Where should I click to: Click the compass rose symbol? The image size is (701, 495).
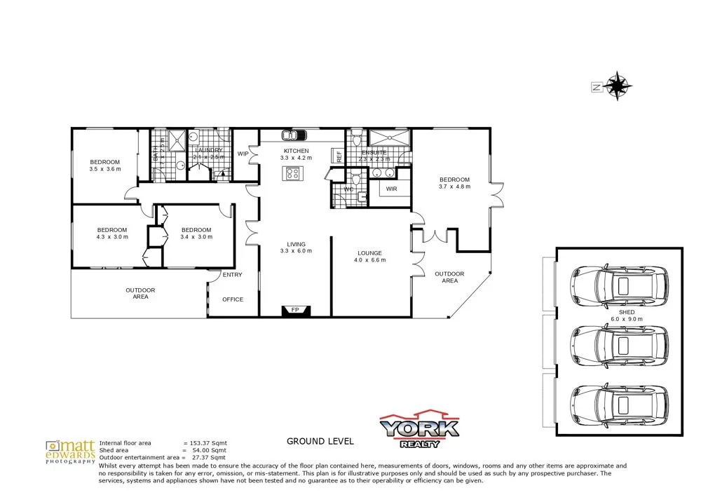click(x=618, y=87)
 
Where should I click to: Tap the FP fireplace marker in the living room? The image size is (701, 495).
click(x=294, y=310)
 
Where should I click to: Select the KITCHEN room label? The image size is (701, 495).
click(x=295, y=151)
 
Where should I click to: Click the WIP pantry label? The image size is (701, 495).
click(x=244, y=154)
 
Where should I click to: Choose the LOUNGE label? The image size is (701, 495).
click(x=369, y=252)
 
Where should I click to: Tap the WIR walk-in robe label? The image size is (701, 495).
click(x=391, y=189)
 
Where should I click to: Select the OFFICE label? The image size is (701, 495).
click(x=233, y=299)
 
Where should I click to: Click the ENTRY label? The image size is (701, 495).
click(x=232, y=275)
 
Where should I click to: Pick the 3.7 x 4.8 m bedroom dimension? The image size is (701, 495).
click(x=454, y=187)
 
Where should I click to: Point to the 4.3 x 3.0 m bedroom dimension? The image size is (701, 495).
click(x=111, y=237)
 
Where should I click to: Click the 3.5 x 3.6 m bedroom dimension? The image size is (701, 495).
click(x=104, y=169)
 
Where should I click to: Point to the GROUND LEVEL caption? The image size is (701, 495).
click(x=320, y=442)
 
